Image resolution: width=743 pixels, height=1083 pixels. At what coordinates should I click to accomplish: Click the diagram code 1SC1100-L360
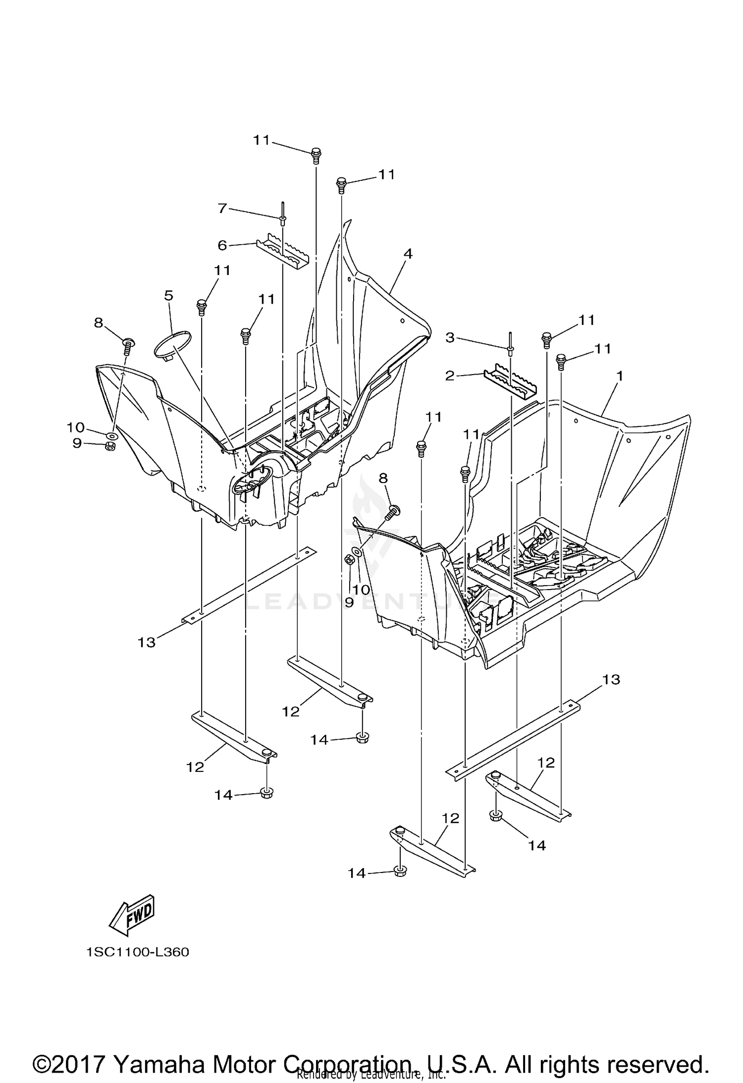pyautogui.click(x=137, y=952)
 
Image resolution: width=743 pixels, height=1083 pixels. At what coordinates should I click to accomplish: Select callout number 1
pyautogui.click(x=619, y=376)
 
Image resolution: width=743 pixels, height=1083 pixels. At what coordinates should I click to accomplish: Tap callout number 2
pyautogui.click(x=449, y=376)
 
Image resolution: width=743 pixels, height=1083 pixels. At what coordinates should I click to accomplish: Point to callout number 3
pyautogui.click(x=449, y=338)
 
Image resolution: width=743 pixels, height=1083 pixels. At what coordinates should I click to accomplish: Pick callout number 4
pyautogui.click(x=408, y=254)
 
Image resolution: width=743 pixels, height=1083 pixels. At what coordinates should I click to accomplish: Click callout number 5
pyautogui.click(x=168, y=296)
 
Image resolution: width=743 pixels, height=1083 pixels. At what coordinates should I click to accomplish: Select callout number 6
pyautogui.click(x=222, y=245)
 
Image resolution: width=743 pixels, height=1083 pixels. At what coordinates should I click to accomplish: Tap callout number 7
pyautogui.click(x=222, y=209)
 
